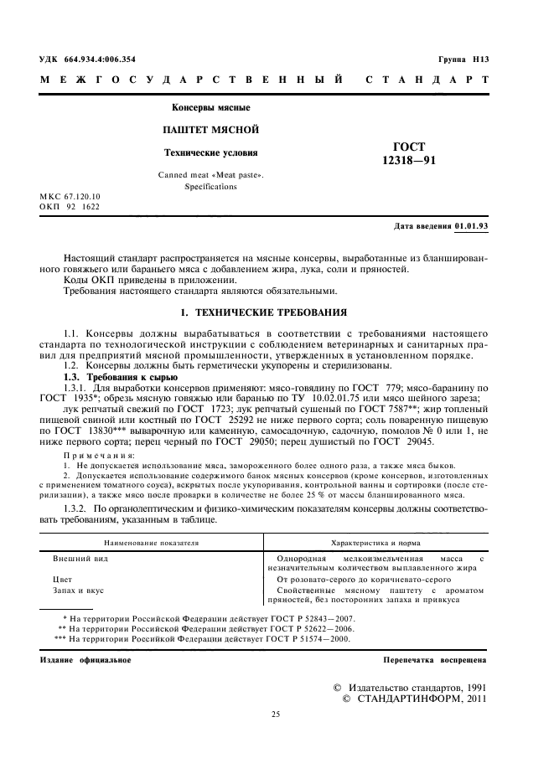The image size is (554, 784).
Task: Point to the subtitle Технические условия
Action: coord(210,152)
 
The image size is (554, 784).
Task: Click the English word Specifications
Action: coord(210,187)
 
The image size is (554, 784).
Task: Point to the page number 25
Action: coord(275,714)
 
